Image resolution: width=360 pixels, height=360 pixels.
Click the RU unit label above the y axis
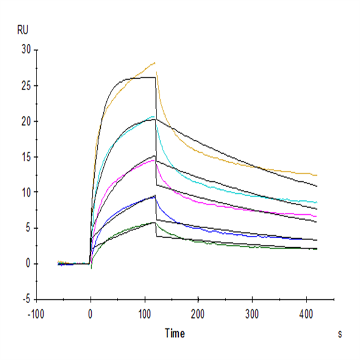[22, 28]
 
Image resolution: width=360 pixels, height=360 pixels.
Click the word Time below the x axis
[175, 333]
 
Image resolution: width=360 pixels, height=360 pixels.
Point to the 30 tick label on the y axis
[25, 50]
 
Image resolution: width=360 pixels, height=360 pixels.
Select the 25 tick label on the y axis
[25, 86]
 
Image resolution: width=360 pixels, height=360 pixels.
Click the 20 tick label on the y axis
[25, 121]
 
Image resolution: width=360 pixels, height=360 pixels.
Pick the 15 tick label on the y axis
[25, 157]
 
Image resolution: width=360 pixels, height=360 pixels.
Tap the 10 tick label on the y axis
[25, 192]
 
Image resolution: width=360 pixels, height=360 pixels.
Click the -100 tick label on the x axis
[37, 313]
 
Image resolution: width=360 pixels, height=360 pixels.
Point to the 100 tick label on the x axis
[145, 313]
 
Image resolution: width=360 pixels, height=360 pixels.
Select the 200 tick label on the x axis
[199, 313]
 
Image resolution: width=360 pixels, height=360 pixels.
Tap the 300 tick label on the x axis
[253, 313]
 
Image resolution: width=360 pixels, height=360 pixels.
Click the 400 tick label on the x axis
[307, 313]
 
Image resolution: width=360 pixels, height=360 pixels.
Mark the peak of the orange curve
[155, 62]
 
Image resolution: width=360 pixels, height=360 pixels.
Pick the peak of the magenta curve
[154, 159]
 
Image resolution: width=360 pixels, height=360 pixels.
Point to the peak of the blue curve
[155, 196]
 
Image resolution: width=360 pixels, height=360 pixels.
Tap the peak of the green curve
[155, 223]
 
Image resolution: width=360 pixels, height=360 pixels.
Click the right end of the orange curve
[317, 175]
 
